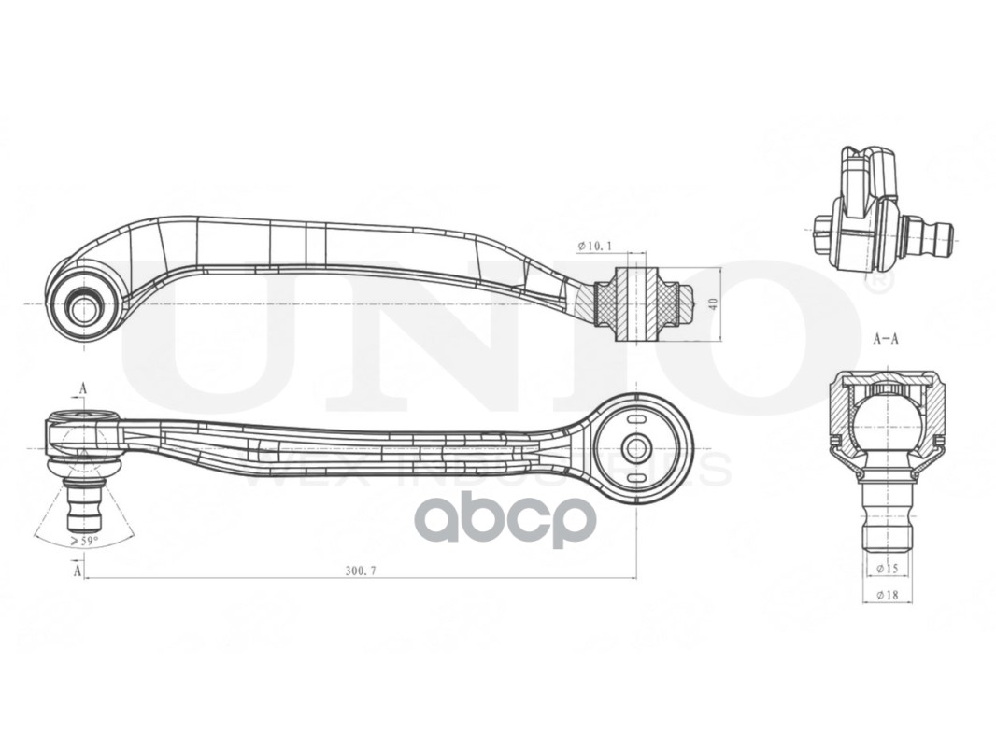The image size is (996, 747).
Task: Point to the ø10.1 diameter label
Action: coord(594,246)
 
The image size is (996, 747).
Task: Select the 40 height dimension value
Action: coord(713,303)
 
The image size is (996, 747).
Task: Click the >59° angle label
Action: coord(84,539)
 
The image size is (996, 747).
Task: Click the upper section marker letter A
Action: coord(83,388)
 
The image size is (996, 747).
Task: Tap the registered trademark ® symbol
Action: coord(878,279)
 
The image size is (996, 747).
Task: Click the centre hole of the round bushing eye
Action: coord(637,447)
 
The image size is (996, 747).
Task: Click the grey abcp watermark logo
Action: coord(505,519)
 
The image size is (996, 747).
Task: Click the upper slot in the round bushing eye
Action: coord(637,417)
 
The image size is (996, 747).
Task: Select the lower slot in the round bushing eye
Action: coord(637,478)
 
